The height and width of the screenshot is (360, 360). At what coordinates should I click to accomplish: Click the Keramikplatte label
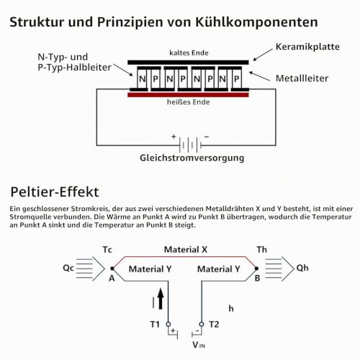[307, 47]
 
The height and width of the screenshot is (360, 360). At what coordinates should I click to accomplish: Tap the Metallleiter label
[302, 78]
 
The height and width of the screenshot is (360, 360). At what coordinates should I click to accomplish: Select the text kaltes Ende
[189, 53]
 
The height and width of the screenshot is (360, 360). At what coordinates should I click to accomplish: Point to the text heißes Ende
[189, 102]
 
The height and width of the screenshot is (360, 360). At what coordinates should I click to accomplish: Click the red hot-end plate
[188, 95]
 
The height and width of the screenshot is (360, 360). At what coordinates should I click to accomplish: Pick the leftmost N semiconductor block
[142, 78]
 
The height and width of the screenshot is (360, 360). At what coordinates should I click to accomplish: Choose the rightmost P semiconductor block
[237, 78]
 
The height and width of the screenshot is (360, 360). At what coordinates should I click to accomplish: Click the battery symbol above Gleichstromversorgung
[190, 145]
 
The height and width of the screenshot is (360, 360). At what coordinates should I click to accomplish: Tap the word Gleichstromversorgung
[192, 158]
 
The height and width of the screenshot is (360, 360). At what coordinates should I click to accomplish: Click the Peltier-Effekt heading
[55, 192]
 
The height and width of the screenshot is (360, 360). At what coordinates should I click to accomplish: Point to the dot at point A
[112, 269]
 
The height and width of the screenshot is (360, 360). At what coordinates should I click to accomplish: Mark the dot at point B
[256, 269]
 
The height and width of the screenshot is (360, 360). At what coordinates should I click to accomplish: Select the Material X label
[186, 250]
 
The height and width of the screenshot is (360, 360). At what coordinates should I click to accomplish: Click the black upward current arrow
[161, 299]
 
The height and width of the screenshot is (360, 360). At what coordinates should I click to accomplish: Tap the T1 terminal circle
[168, 324]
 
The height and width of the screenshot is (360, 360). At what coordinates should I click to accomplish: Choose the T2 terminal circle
[202, 324]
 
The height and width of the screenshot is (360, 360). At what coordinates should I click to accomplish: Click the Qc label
[68, 268]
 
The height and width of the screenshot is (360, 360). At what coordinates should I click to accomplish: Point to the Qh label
[302, 268]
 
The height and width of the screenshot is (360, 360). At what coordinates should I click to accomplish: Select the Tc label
[107, 250]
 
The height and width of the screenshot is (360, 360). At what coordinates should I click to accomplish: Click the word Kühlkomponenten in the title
[256, 22]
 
